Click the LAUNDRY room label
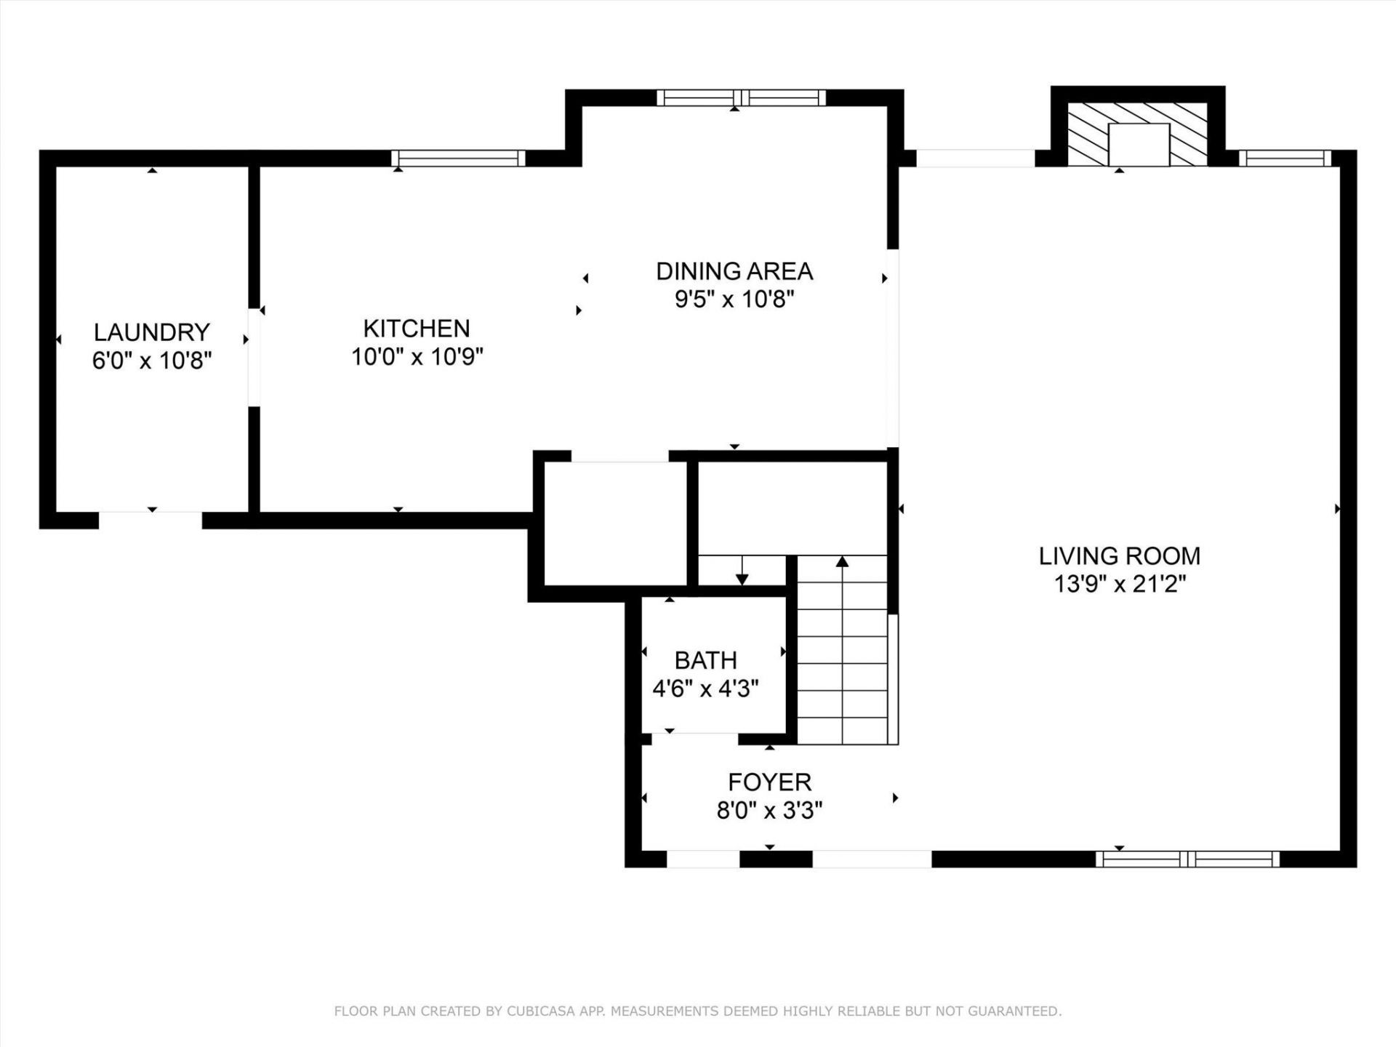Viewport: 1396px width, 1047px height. click(x=151, y=332)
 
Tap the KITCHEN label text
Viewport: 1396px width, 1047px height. click(x=417, y=329)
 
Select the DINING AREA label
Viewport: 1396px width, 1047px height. click(x=734, y=271)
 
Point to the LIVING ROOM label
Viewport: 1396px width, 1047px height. click(x=1120, y=556)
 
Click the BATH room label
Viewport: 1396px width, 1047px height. click(x=706, y=660)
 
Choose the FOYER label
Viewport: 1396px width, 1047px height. click(x=770, y=782)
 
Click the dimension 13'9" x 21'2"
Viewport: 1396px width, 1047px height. click(x=1120, y=584)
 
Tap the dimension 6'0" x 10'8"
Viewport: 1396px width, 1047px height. click(x=151, y=360)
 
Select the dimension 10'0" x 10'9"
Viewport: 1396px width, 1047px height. click(x=417, y=356)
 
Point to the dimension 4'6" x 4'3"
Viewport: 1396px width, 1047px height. click(x=705, y=688)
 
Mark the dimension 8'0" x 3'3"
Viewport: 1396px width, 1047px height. click(x=769, y=810)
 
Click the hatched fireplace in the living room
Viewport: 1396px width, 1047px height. click(x=1138, y=135)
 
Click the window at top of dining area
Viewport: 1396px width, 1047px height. click(x=742, y=97)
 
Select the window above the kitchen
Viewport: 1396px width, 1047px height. click(x=458, y=158)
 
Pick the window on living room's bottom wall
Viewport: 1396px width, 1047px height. click(x=1188, y=859)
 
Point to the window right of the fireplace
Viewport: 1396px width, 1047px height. click(x=1285, y=158)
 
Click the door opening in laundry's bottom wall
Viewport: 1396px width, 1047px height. click(x=151, y=520)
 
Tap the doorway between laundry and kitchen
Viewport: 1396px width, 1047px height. click(x=254, y=357)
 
